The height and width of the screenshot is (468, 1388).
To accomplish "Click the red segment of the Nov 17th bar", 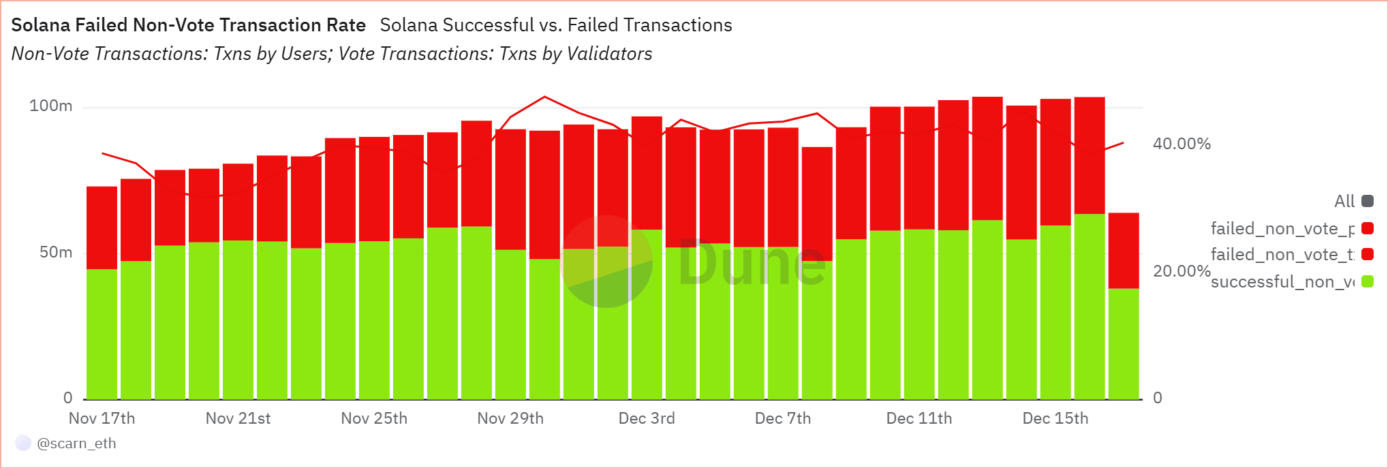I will tap(102, 227).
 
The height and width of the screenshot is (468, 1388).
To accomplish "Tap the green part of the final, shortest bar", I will tap(1124, 343).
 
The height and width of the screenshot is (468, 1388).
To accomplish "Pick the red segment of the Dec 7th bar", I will tap(783, 187).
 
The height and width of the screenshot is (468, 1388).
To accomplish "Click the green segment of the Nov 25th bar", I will tap(374, 319).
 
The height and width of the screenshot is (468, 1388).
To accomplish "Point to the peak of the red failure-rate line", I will tap(544, 97).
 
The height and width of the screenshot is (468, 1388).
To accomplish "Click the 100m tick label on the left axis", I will tap(50, 106).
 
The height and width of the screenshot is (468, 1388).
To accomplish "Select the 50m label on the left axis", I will tap(56, 252).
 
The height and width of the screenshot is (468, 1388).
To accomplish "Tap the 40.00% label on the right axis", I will tap(1182, 144).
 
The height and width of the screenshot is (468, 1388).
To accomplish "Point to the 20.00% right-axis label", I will tap(1182, 271).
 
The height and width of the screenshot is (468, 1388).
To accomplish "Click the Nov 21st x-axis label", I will tap(238, 418).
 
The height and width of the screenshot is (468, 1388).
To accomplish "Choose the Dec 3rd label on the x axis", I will tap(647, 418).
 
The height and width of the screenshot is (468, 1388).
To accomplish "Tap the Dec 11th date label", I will tap(919, 418).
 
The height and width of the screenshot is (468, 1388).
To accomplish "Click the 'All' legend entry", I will tap(1344, 201).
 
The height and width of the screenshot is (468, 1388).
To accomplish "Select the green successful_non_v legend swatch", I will tap(1367, 281).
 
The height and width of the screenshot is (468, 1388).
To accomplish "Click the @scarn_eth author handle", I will tap(76, 443).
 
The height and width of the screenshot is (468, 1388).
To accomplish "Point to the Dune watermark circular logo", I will tap(606, 262).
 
